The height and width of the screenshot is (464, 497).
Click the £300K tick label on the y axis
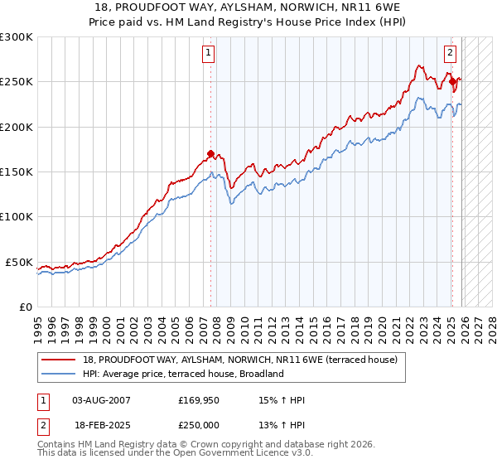point(17,37)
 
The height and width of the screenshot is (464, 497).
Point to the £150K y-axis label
point(17,172)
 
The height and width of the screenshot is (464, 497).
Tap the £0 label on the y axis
point(24,307)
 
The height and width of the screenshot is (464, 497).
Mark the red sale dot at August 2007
point(210,153)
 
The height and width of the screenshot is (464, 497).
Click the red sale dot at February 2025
point(452,81)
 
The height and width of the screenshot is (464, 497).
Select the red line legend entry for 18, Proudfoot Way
point(240,360)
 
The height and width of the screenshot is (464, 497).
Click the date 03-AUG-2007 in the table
point(101,399)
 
